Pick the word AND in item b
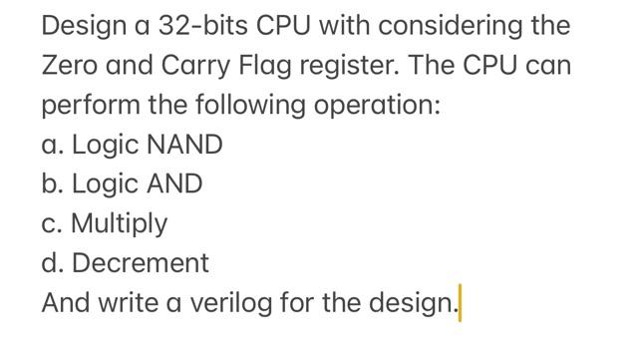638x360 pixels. click(174, 184)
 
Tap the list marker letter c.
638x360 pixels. click(50, 224)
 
